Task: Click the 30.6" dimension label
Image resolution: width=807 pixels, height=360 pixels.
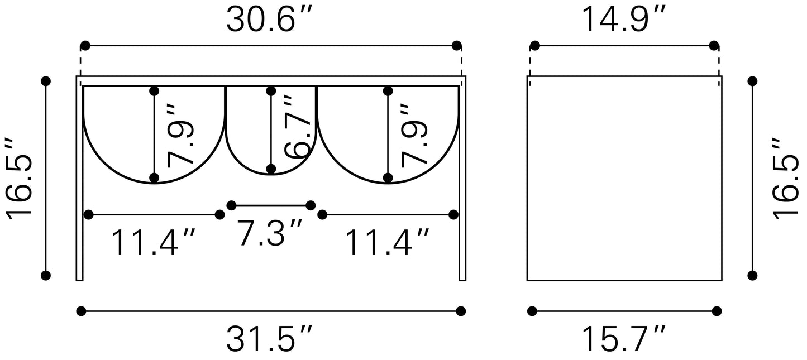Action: click(x=268, y=19)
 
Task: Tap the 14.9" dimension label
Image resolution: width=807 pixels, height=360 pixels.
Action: click(x=624, y=19)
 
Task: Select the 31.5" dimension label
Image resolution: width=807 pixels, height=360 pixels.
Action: click(x=269, y=338)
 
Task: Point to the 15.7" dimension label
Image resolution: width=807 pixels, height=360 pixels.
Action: click(x=624, y=338)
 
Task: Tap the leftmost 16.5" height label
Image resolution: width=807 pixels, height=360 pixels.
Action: click(x=19, y=178)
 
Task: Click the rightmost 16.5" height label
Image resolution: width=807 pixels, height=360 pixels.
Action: click(x=785, y=178)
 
